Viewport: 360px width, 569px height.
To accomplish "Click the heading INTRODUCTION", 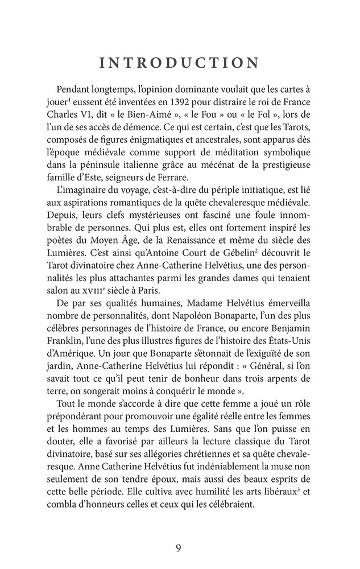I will [180, 63].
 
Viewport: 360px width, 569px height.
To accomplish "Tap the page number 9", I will [180, 548].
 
